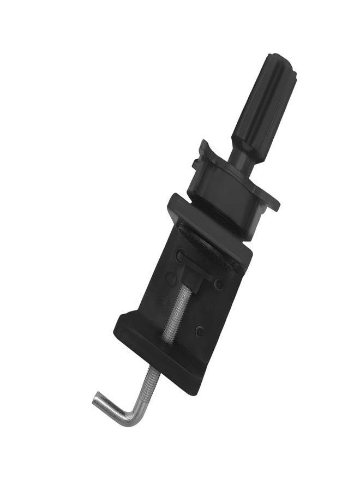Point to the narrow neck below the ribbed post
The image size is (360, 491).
coord(239,155)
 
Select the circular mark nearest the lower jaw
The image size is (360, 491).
coord(200,330)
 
